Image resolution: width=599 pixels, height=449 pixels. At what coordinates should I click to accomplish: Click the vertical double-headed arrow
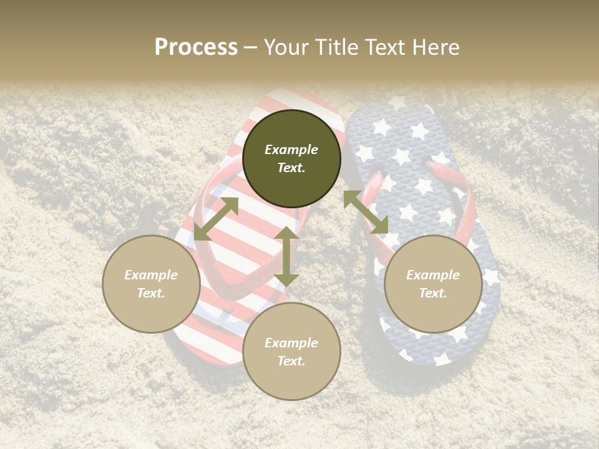pos(286,256)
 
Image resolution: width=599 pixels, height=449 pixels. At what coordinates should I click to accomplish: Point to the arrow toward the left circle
pos(216,219)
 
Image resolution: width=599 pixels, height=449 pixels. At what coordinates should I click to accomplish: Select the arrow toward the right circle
pos(366,212)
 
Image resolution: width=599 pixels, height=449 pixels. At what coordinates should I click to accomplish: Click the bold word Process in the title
pos(196,47)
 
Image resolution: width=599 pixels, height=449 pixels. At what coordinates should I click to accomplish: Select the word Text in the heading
pos(384,47)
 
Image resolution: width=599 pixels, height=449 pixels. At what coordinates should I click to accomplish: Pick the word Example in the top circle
pos(291,150)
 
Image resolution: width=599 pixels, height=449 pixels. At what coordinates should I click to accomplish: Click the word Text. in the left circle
pos(151,293)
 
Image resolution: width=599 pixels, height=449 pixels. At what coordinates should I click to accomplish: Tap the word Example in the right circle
pos(433,275)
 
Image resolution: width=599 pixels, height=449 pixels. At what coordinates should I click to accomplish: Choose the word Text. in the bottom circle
pos(291,361)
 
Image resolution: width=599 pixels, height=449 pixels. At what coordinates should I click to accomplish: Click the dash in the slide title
pos(250,47)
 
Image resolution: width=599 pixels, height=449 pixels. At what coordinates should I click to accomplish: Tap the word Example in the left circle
pos(151,275)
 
